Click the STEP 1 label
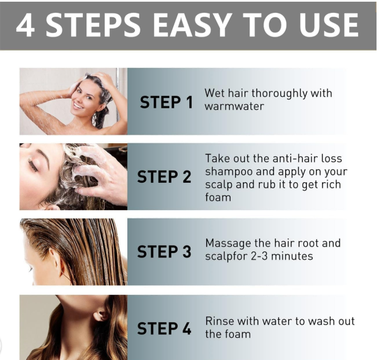click(x=166, y=102)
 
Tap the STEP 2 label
click(x=164, y=177)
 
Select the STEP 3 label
click(x=164, y=251)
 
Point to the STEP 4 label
click(x=164, y=328)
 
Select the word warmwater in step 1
click(x=234, y=106)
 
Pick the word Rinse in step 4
click(x=219, y=322)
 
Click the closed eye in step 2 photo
click(x=33, y=164)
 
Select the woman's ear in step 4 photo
click(x=100, y=315)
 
